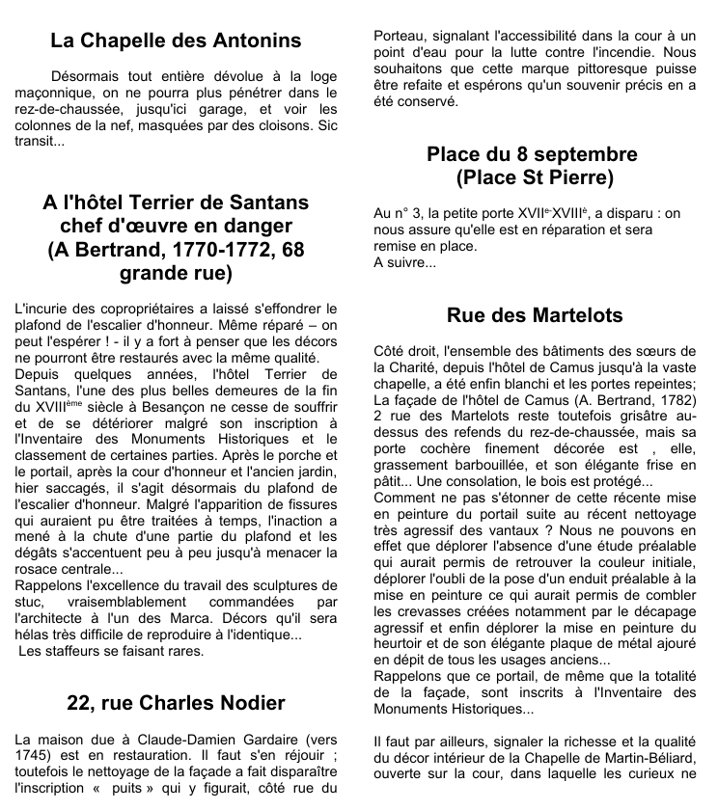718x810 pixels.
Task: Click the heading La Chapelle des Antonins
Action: (x=176, y=40)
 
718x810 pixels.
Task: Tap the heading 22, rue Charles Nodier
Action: (x=176, y=702)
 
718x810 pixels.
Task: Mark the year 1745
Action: (x=35, y=755)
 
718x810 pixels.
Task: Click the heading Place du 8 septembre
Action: (x=533, y=154)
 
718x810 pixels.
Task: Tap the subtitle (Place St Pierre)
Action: (x=534, y=178)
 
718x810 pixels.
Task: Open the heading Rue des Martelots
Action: (x=535, y=315)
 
